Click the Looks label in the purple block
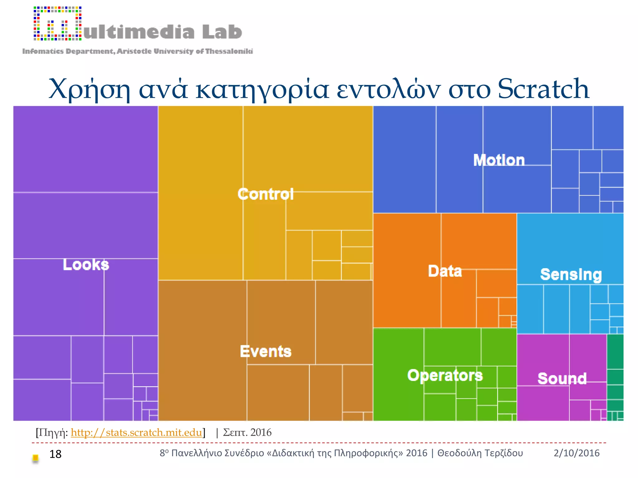click(86, 265)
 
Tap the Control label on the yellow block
click(265, 194)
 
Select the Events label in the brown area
click(265, 351)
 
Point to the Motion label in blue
click(499, 160)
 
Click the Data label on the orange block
click(445, 271)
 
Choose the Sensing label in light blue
click(571, 274)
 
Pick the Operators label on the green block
click(445, 375)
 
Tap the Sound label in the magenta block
click(562, 379)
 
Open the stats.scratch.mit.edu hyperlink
click(136, 432)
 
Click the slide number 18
click(55, 454)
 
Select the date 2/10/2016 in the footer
click(576, 453)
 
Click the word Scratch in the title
click(543, 89)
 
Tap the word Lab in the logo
click(222, 32)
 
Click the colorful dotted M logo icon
click(58, 24)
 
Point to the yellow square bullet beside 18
click(36, 458)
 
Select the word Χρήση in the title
click(90, 89)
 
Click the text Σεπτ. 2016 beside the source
click(247, 432)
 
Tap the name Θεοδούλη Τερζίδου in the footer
click(480, 453)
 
